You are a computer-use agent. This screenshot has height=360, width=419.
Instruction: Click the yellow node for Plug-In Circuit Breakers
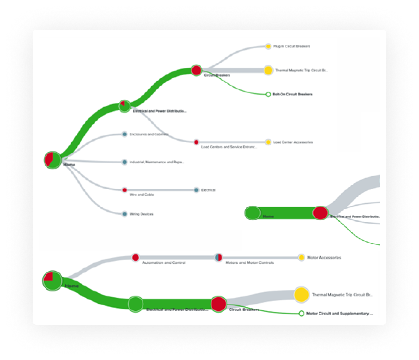(268, 46)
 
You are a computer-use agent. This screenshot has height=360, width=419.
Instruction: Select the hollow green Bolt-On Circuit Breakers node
(268, 94)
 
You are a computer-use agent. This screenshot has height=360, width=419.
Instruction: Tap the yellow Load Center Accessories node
(268, 142)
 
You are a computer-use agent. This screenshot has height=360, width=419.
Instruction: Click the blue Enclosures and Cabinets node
(124, 134)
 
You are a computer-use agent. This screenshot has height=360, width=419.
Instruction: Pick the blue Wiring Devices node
(124, 214)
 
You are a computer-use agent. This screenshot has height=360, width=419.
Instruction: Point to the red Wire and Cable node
(124, 190)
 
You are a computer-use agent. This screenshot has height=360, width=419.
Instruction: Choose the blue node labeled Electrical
(196, 190)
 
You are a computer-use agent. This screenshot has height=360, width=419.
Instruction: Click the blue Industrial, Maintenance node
(124, 162)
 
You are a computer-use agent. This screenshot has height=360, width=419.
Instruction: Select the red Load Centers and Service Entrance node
(196, 142)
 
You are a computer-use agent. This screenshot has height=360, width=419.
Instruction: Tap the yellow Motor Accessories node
(301, 258)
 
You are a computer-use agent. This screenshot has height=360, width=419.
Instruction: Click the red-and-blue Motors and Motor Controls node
(218, 258)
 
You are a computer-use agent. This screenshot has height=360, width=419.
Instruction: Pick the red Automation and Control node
(136, 258)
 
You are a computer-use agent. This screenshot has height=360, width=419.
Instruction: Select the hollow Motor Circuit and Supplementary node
(301, 314)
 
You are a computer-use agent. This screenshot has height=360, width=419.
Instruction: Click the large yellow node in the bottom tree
(301, 295)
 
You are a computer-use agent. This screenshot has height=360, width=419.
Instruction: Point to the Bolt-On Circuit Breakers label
(292, 94)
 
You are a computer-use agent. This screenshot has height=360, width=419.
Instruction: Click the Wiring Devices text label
(141, 214)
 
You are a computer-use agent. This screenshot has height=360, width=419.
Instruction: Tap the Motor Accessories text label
(324, 258)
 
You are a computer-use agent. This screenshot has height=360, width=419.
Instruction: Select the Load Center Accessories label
(293, 142)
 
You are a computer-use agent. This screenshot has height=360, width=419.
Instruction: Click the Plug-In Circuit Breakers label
(291, 46)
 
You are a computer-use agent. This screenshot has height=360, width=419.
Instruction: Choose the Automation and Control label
(164, 263)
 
